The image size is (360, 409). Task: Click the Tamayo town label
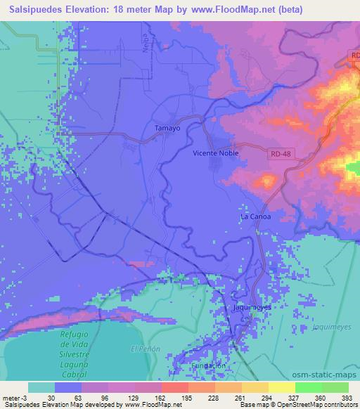point(167,129)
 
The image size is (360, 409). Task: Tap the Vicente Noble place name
point(216,152)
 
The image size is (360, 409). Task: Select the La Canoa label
point(255,216)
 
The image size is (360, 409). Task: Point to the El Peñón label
point(146,349)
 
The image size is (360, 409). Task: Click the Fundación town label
point(209,365)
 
